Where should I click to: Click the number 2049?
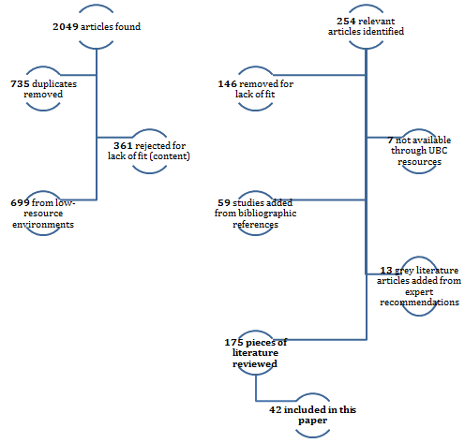[66, 27]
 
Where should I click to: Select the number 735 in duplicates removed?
[20, 84]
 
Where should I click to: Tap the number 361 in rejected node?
[123, 146]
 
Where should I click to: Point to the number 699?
[20, 203]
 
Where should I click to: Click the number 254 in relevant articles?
[346, 22]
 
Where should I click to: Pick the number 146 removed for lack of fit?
[227, 84]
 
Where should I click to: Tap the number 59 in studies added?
[224, 203]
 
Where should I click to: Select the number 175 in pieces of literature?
[233, 343]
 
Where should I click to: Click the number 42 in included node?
[276, 409]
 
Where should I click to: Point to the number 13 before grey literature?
[386, 271]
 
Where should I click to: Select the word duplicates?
[54, 84]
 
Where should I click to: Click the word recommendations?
[419, 303]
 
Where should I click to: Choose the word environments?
[43, 225]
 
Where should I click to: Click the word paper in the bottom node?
[313, 421]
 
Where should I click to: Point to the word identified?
[384, 32]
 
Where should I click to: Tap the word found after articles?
[127, 27]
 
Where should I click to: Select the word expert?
[419, 292]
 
